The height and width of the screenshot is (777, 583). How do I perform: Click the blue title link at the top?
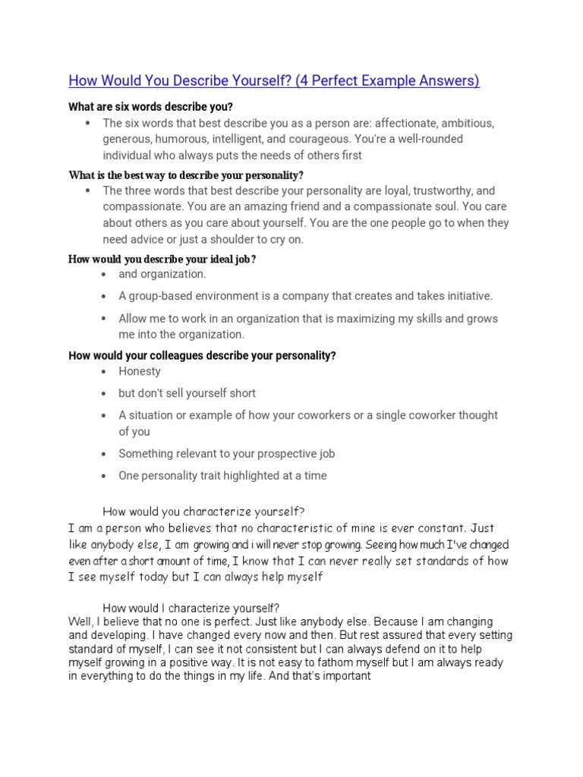(274, 81)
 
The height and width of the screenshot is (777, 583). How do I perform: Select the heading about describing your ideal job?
(162, 260)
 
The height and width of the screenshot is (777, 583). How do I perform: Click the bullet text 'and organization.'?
(162, 274)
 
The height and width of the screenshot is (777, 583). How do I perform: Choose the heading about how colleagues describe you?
(202, 355)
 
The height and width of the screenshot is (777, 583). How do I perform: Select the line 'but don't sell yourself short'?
(187, 393)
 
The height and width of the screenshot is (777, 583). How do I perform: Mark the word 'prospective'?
(268, 454)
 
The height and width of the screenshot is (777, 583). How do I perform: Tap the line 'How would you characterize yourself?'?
(203, 511)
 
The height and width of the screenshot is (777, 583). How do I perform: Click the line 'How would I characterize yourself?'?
(191, 608)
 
